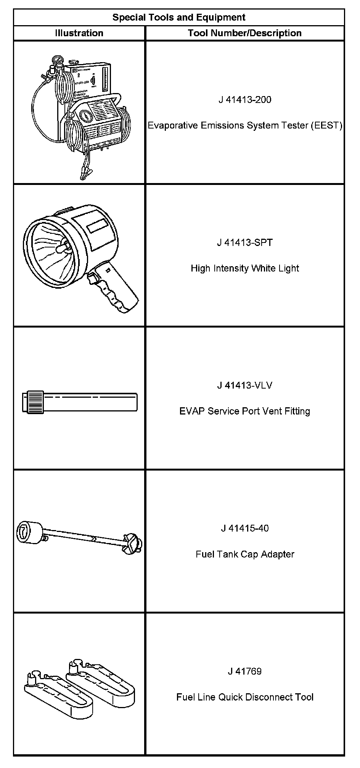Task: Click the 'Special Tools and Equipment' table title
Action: point(179,18)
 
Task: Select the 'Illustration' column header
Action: point(79,33)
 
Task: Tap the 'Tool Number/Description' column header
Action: point(244,33)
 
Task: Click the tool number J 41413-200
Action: point(245,100)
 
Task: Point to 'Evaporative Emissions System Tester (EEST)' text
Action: point(245,125)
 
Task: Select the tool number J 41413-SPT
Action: point(245,243)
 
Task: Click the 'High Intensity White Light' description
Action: point(245,268)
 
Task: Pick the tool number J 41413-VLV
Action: point(245,386)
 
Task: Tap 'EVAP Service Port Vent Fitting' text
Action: point(245,411)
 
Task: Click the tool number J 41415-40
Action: point(245,529)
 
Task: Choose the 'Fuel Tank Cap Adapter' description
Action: point(245,554)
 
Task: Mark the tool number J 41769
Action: point(245,671)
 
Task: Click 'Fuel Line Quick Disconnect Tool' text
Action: point(245,697)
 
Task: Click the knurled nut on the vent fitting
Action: point(35,402)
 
